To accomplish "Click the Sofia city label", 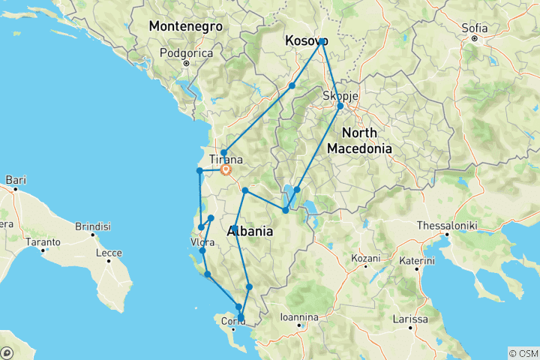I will [475, 28].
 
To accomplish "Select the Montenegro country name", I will [186, 25].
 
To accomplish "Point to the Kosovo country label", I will [306, 42].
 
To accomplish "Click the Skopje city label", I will [340, 95].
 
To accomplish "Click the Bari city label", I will [16, 179].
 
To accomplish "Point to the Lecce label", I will [108, 253].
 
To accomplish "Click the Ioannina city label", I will [299, 317].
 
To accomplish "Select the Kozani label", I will [366, 258].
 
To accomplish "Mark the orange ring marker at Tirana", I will [225, 169].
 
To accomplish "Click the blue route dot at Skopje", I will [340, 106].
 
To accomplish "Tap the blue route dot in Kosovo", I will [322, 41].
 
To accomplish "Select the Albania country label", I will [253, 232].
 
